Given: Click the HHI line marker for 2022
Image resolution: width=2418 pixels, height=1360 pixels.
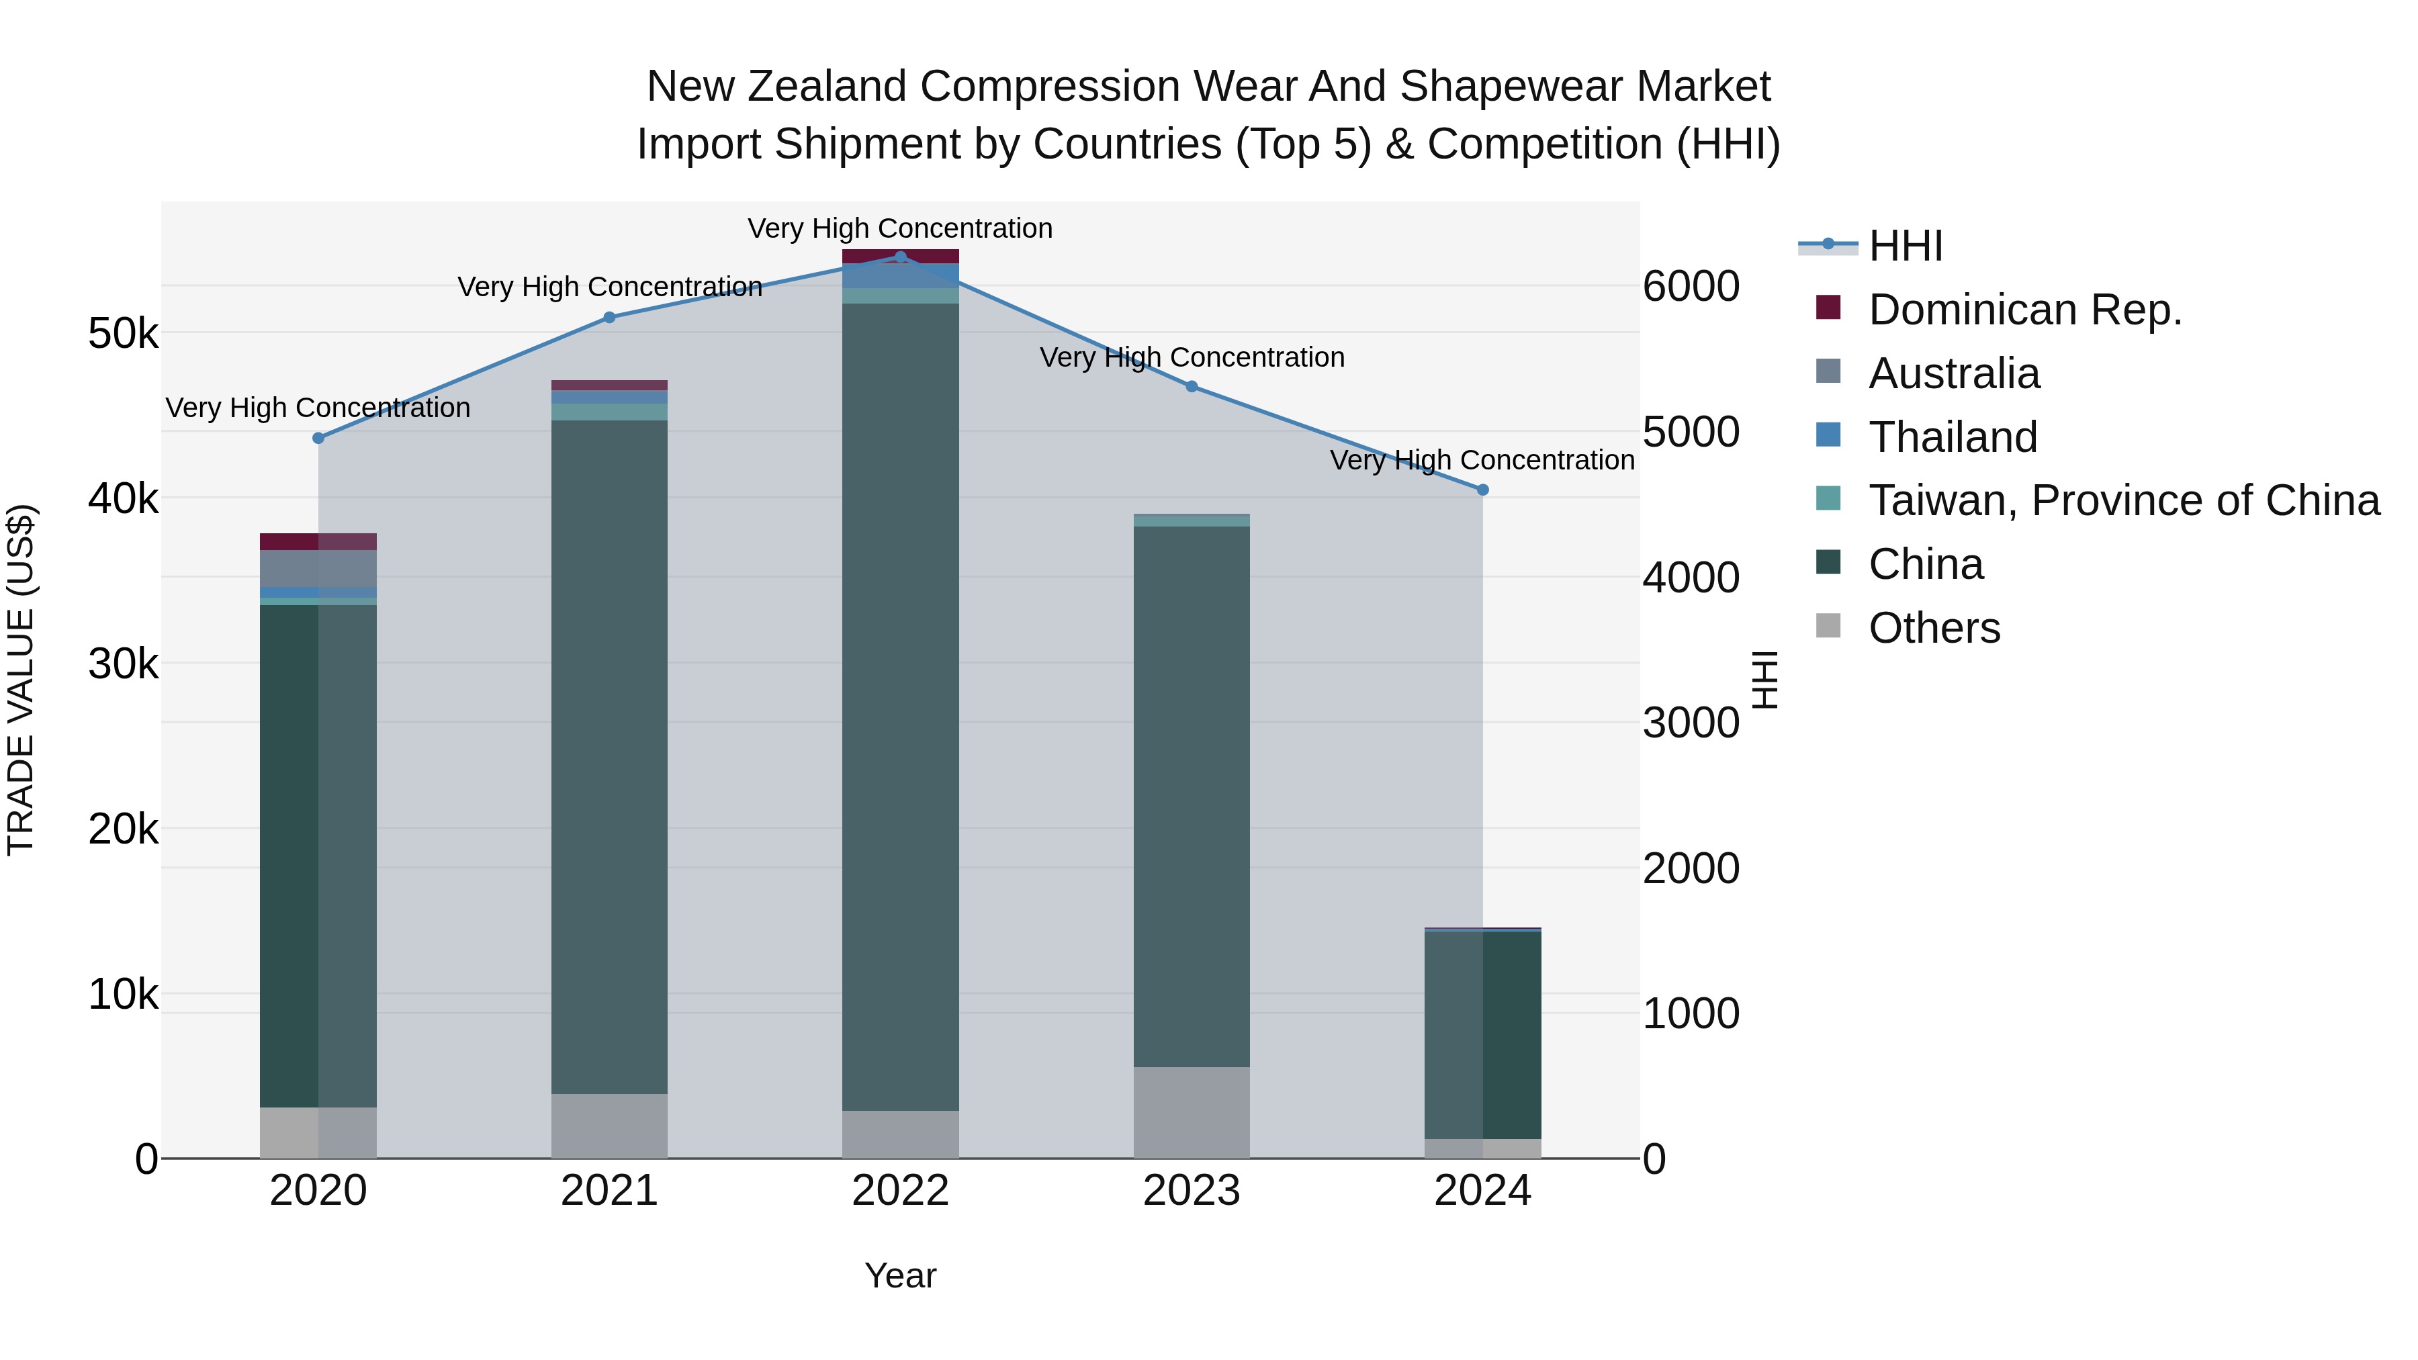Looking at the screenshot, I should [900, 257].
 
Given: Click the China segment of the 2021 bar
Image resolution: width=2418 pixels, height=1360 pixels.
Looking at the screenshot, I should [609, 751].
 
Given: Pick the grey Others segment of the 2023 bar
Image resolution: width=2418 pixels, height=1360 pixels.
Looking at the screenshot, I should [1191, 1112].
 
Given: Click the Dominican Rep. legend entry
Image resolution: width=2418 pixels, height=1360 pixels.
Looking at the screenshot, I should [2024, 310].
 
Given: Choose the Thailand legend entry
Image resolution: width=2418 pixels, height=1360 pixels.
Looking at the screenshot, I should [1953, 437].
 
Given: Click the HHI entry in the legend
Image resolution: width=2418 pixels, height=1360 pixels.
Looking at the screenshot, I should [1906, 246].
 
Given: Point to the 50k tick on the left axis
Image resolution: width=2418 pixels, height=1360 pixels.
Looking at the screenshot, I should [123, 333].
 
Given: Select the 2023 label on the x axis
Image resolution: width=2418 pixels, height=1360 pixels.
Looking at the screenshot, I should [1191, 1191].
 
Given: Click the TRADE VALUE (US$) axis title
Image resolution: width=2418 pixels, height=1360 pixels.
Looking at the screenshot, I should [21, 680].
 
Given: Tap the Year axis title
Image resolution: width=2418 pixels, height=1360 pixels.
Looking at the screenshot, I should [900, 1275].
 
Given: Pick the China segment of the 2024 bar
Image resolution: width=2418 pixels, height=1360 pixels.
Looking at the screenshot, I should [1483, 1032].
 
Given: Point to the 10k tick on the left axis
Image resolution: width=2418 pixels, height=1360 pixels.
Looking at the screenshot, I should [123, 994].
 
